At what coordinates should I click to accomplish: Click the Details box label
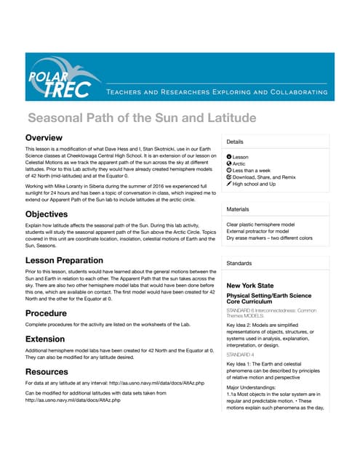coord(235,142)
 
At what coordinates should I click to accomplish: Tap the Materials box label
coord(239,209)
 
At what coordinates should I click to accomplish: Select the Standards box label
coord(239,262)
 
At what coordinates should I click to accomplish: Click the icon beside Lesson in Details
coord(229,157)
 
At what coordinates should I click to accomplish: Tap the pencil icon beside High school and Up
coord(229,185)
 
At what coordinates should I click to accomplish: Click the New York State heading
coord(251,286)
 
